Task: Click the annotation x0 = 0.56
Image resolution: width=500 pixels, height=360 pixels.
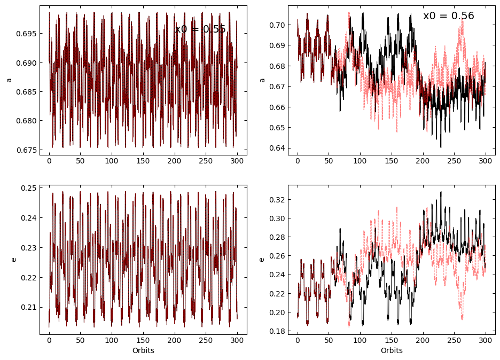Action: (x=448, y=16)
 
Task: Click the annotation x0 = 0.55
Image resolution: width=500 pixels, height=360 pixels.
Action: (x=200, y=29)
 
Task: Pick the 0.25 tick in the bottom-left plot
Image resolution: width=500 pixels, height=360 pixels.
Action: (x=27, y=188)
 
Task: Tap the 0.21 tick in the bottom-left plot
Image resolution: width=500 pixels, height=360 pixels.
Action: (x=27, y=307)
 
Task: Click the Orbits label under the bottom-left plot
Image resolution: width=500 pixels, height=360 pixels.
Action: (x=143, y=351)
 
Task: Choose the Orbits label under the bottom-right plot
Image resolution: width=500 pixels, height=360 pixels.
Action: (x=392, y=351)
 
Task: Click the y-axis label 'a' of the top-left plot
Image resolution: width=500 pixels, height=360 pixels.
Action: (x=9, y=80)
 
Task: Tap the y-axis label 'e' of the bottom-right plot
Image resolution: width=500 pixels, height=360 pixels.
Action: (x=261, y=260)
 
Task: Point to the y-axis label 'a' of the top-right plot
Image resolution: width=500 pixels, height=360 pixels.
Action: (x=261, y=80)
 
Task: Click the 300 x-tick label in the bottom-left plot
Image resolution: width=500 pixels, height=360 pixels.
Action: (x=237, y=340)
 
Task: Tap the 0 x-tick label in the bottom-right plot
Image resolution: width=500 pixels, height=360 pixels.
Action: (x=298, y=340)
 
